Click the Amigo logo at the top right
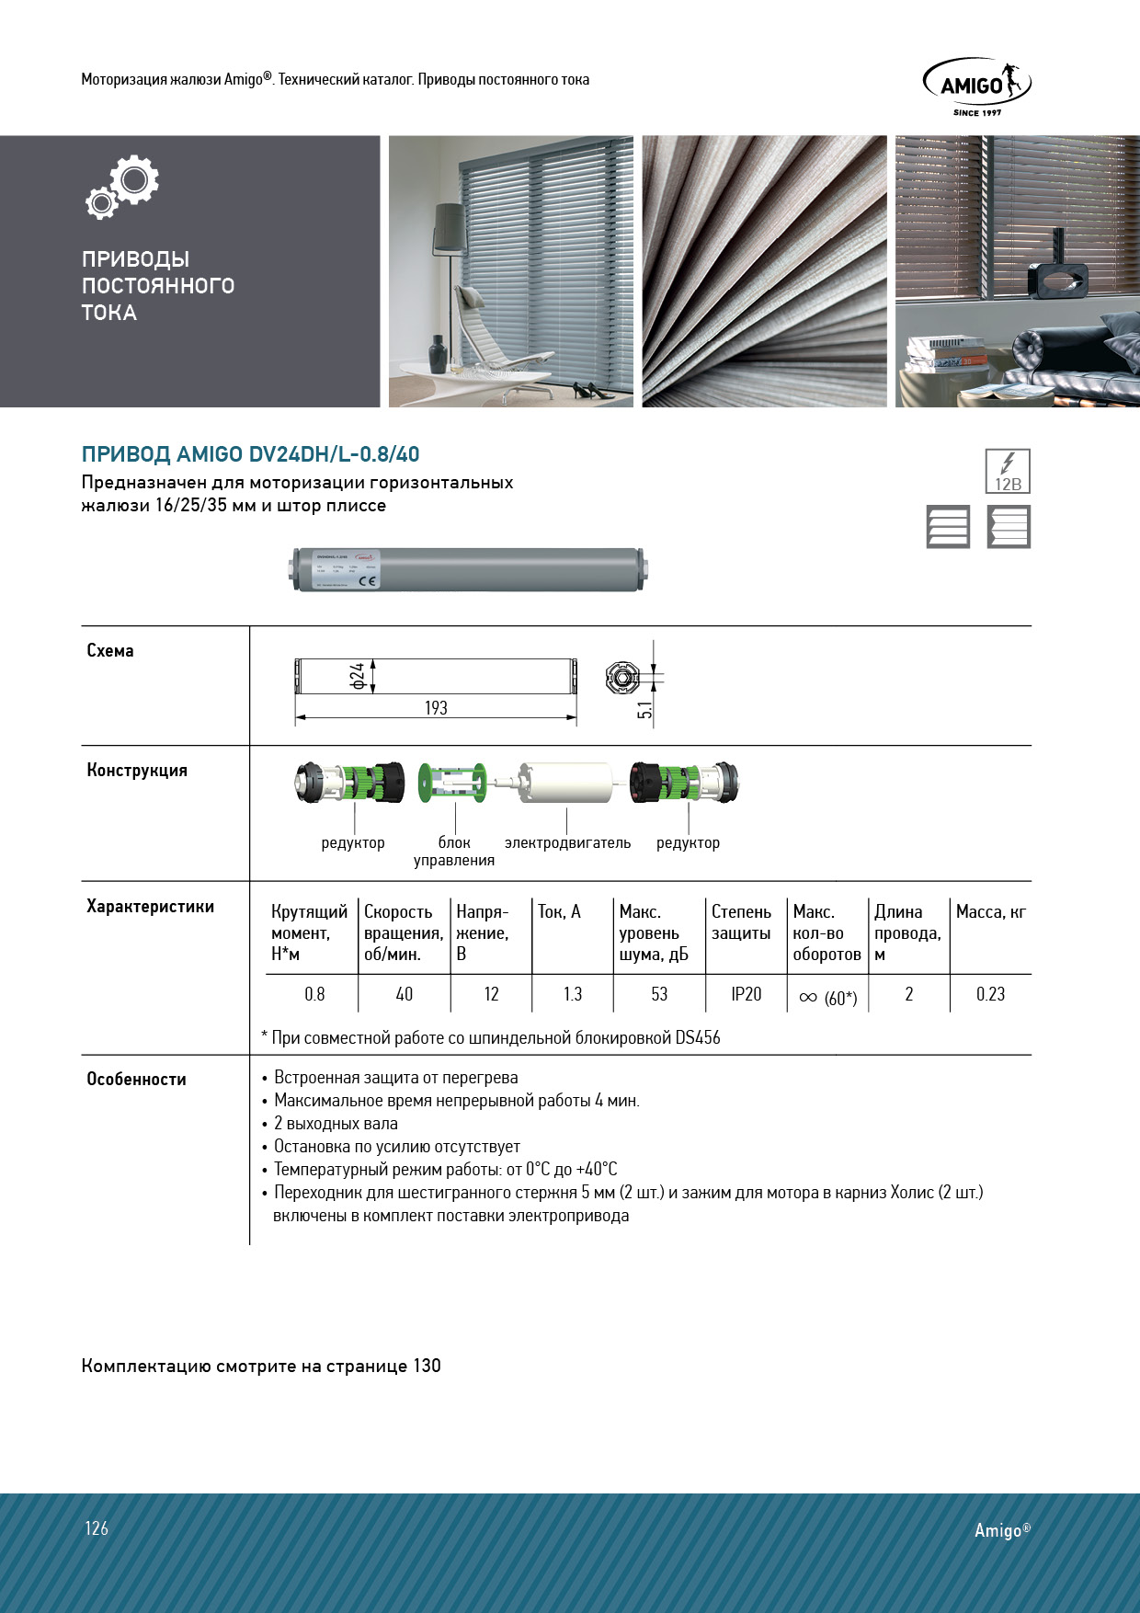tap(976, 86)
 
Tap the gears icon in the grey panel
tap(123, 187)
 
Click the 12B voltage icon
tap(1008, 472)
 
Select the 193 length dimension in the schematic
tap(436, 708)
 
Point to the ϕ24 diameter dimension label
tap(358, 676)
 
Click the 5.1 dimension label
tap(644, 710)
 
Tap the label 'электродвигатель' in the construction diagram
tap(567, 842)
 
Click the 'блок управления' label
tap(454, 851)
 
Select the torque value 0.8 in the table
tap(314, 994)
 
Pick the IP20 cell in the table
tap(747, 994)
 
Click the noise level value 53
tap(659, 994)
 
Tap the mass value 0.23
tap(990, 994)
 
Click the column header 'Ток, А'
tap(559, 911)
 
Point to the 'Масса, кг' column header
tap(990, 911)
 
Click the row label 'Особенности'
tap(136, 1079)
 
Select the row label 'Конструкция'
tap(137, 770)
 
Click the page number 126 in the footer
tap(97, 1528)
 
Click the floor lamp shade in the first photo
tap(450, 221)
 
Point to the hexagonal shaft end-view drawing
tap(622, 679)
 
